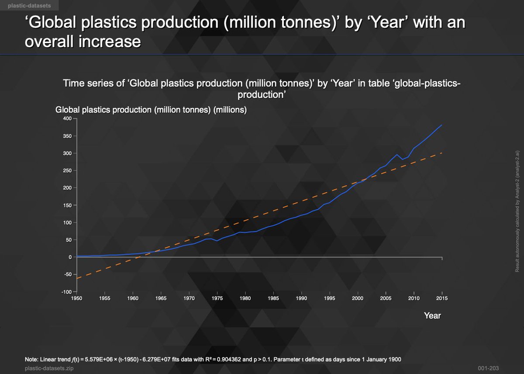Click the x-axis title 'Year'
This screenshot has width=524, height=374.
432,315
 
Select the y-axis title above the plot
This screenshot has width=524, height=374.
152,110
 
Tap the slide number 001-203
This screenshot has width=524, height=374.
487,369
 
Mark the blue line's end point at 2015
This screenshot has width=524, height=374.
442,125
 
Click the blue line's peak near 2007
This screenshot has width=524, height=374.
396,155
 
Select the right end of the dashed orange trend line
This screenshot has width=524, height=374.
442,153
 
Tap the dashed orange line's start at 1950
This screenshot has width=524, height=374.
77,278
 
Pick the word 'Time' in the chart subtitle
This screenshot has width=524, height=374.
72,83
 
